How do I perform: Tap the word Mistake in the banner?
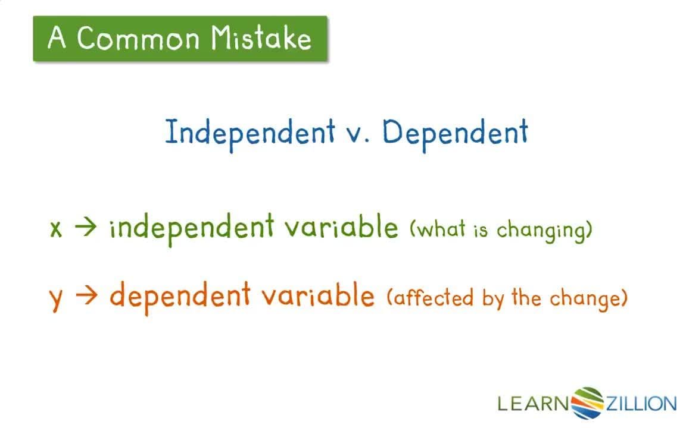click(261, 39)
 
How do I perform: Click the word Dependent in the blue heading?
click(455, 132)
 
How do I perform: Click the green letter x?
click(56, 229)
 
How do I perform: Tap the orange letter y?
click(56, 297)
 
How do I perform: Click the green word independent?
click(192, 228)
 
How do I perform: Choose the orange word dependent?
click(179, 296)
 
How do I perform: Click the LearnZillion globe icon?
click(587, 402)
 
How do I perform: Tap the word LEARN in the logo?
click(534, 404)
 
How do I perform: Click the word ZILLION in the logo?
click(641, 404)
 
